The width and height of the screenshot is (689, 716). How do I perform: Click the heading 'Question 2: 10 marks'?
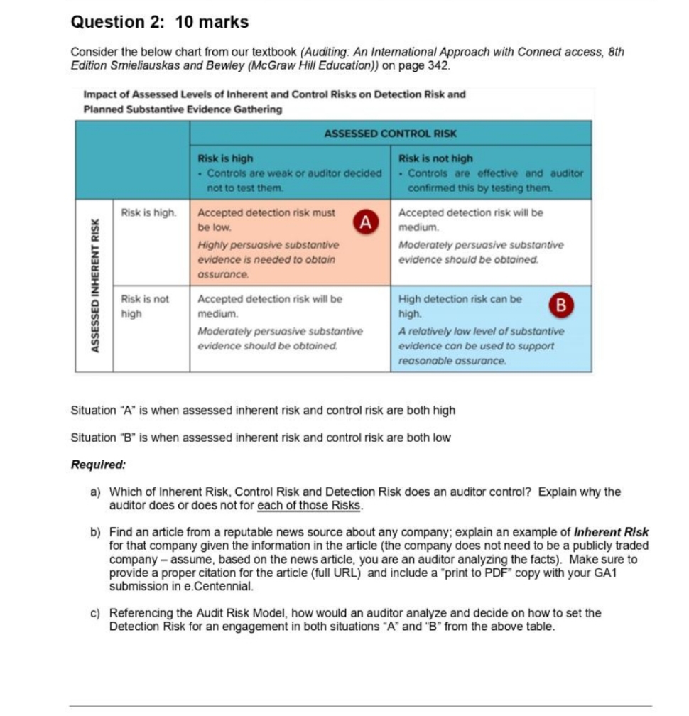pos(160,22)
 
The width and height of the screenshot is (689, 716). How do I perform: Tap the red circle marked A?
pos(365,222)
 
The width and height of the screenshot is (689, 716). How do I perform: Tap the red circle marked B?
pos(562,306)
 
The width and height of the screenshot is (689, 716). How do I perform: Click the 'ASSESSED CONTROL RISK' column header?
pos(390,133)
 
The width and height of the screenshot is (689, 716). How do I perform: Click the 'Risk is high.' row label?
pos(148,212)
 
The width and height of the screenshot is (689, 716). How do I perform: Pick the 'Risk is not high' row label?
pos(145,305)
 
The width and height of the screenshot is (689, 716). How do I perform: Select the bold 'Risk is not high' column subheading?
pos(435,158)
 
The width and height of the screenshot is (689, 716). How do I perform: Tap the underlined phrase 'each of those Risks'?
pos(310,506)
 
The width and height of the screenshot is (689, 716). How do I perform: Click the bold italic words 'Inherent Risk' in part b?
pos(611,532)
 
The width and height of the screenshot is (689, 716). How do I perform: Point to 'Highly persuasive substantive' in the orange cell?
pos(268,244)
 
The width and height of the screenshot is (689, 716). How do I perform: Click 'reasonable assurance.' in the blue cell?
pos(452,361)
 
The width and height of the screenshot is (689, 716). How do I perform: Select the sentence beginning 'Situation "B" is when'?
pos(261,438)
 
